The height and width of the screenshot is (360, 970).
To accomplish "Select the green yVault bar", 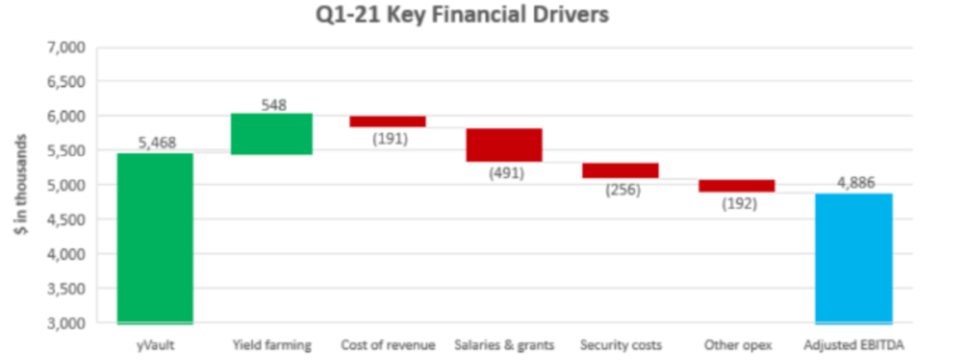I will (154, 238).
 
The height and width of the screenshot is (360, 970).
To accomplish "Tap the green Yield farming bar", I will (271, 134).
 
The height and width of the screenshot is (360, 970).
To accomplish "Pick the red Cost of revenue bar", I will (388, 121).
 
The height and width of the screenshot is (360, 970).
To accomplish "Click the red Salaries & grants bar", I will (504, 145).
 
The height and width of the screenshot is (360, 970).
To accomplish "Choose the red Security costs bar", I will (620, 171).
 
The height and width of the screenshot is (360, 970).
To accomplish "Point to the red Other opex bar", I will (736, 186).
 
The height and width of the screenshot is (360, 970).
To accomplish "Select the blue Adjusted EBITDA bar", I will (853, 258).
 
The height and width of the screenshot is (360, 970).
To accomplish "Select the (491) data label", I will (506, 173).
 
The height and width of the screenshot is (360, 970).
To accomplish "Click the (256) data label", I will (622, 189).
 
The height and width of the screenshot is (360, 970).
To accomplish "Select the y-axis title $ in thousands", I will (20, 186).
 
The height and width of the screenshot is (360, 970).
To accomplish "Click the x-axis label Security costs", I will (621, 345).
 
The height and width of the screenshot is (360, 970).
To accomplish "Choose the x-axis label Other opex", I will (736, 345).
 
